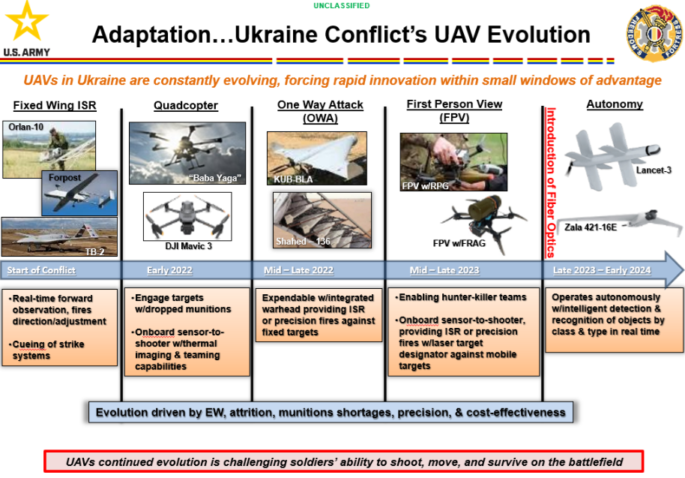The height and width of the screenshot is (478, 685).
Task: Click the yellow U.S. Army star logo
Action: tap(27, 22)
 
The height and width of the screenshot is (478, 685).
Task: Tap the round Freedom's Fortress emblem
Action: tap(654, 33)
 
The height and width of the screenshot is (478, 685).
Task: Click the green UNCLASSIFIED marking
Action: tap(342, 6)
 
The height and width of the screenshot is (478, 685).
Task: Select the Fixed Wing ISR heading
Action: tap(55, 105)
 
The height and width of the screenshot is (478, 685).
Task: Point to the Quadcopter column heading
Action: tap(186, 105)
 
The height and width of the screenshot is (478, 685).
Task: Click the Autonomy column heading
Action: tap(615, 104)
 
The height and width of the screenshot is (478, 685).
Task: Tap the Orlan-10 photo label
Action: tap(25, 127)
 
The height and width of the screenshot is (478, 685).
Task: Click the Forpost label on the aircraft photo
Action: tap(64, 178)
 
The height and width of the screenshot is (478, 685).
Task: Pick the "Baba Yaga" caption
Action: tap(215, 178)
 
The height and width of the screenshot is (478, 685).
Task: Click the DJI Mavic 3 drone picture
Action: tap(187, 216)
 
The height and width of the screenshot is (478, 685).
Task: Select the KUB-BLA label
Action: tap(293, 179)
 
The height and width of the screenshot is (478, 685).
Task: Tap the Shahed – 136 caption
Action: tap(303, 242)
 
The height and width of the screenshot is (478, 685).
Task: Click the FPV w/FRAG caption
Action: tap(459, 243)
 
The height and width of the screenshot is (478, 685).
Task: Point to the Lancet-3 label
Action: tap(654, 170)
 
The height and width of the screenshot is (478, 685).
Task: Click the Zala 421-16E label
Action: tap(591, 227)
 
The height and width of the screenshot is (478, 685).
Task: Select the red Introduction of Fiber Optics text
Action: tap(551, 182)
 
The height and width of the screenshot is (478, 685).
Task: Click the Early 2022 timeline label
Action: tap(169, 270)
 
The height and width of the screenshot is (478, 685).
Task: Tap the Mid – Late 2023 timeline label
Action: tap(444, 270)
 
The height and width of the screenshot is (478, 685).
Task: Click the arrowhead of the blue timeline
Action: tap(674, 270)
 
